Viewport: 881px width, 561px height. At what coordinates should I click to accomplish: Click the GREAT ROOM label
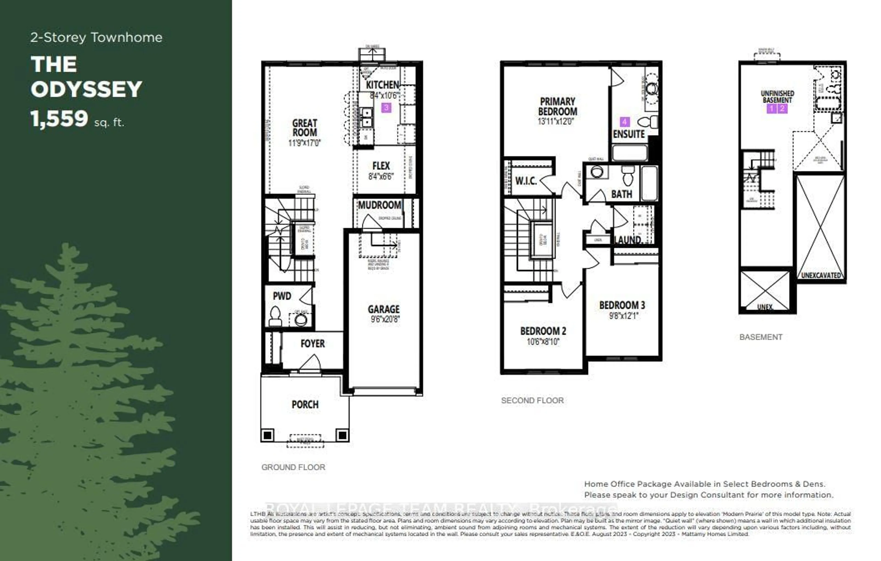point(304,128)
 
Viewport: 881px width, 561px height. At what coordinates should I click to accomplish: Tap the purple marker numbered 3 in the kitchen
point(386,108)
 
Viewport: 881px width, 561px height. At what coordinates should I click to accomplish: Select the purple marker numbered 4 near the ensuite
point(624,122)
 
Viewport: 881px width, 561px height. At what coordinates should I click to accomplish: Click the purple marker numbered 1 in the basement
point(771,108)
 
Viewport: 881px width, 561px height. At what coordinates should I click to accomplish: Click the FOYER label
point(312,344)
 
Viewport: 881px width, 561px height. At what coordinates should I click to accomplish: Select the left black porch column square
point(268,435)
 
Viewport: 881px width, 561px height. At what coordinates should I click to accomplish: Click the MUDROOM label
point(379,205)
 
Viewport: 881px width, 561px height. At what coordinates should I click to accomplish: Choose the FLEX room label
point(381,166)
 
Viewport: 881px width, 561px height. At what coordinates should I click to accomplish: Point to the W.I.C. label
point(526,181)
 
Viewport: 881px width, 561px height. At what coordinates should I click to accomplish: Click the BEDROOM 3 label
point(622,305)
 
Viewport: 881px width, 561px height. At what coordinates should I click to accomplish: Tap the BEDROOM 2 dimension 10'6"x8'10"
point(543,342)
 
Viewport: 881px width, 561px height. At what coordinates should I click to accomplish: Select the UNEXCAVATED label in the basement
point(821,275)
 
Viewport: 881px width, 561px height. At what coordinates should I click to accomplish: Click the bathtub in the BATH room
point(650,183)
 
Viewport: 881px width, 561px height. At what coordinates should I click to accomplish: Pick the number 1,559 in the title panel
point(59,119)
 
